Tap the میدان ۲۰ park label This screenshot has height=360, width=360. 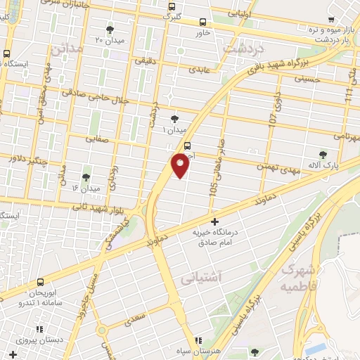[x=110, y=41]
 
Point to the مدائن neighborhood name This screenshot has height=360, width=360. [x=66, y=49]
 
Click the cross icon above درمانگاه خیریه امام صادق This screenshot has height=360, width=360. [x=214, y=222]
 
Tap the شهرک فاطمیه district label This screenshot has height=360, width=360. [x=299, y=277]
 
